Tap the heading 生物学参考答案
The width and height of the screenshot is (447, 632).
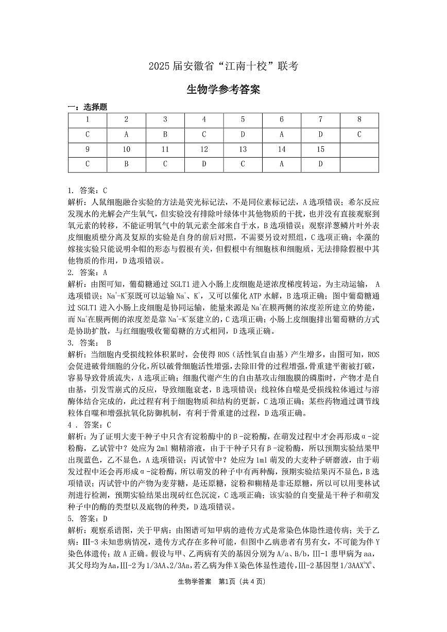click(223, 90)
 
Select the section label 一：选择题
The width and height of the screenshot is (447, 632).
click(88, 107)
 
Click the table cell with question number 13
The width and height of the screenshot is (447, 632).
click(243, 149)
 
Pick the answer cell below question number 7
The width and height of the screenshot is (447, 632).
click(320, 134)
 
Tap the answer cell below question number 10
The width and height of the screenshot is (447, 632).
click(126, 164)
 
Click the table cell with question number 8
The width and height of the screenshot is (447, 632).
click(359, 119)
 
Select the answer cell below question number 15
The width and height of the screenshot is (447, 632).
click(320, 164)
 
